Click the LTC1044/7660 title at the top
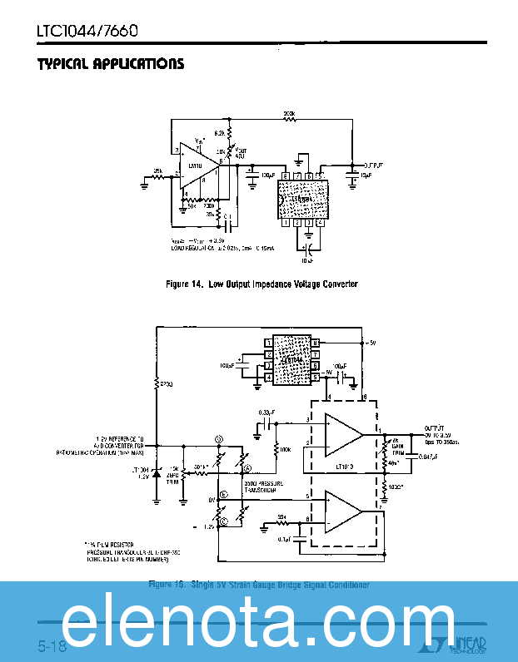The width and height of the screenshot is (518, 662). tap(87, 32)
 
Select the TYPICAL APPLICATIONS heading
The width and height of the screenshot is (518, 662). tap(110, 64)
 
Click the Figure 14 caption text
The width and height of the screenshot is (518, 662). tap(261, 284)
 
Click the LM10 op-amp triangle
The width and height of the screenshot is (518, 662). tap(199, 170)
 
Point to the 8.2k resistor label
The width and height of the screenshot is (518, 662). tap(219, 132)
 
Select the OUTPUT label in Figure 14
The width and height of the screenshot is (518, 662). tap(368, 165)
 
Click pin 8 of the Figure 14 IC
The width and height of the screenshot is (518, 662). tap(286, 175)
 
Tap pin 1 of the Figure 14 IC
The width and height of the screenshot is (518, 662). tap(286, 222)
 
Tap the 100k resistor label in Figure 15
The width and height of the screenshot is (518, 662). tap(286, 449)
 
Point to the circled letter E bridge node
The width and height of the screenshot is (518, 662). tap(222, 494)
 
